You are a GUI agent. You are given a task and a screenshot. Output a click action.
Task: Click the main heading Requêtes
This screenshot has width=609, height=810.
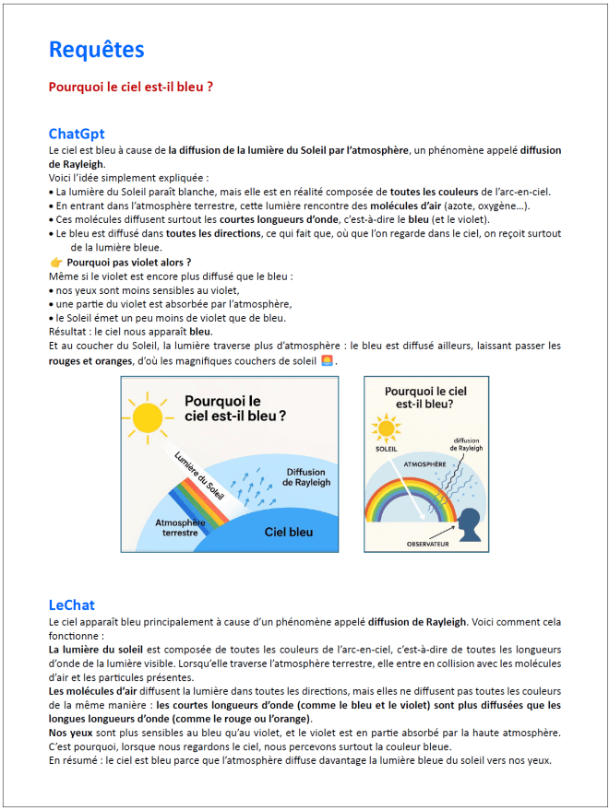pos(96,50)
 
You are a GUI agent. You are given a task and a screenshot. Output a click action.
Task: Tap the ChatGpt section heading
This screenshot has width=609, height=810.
pos(77,134)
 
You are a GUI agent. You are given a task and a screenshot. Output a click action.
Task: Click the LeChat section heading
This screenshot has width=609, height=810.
pos(72,605)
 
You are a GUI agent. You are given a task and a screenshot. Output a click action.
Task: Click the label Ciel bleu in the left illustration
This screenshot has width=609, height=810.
pos(288,532)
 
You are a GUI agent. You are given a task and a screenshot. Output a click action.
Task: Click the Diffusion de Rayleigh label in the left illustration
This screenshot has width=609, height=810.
pos(304,477)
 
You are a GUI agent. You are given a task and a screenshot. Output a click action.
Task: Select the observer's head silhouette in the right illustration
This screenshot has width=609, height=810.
pos(469,522)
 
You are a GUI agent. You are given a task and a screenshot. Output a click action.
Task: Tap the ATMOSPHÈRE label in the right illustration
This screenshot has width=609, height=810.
pos(425,465)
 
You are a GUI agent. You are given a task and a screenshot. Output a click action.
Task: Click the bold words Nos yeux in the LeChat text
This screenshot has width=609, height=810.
pos(70,733)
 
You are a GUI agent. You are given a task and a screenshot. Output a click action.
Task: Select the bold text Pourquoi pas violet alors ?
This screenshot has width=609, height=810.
pos(128,263)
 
